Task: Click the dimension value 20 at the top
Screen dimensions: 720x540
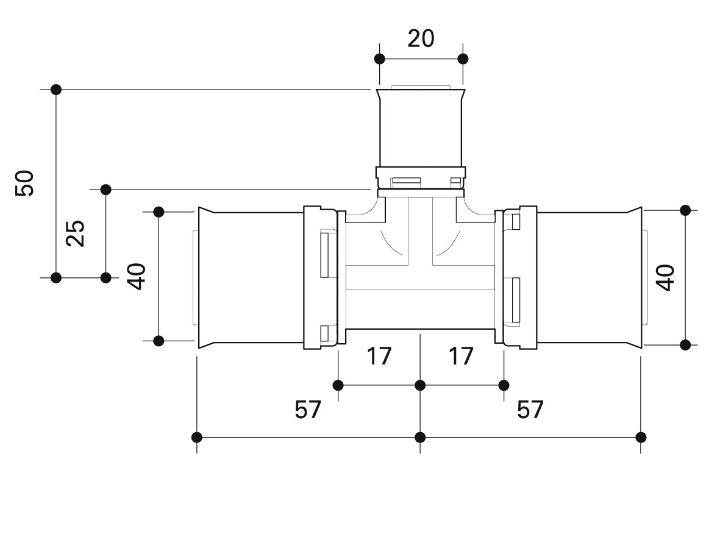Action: [421, 38]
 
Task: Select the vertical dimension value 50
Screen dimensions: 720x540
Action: [25, 183]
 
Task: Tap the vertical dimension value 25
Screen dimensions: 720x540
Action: [76, 233]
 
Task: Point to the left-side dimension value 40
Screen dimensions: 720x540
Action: [137, 277]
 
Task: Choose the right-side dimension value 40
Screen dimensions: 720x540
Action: [665, 277]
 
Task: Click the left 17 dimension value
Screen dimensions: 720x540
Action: [379, 357]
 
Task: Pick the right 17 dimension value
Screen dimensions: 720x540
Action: [460, 357]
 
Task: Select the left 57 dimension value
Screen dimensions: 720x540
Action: [308, 410]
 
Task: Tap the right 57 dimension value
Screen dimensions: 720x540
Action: [530, 410]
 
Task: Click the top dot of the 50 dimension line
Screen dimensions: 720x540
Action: [56, 90]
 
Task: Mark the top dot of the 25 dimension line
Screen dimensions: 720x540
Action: [105, 189]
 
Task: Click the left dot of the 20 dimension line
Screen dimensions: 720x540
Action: [380, 59]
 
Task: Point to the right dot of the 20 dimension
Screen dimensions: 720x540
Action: [463, 59]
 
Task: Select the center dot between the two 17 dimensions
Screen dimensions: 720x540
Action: [420, 385]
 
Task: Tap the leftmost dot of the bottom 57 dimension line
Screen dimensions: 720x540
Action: [196, 437]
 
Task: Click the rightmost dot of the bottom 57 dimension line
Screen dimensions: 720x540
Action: [641, 437]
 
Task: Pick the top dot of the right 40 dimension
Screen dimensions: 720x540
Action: [685, 210]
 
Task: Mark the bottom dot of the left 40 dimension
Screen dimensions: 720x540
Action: [159, 341]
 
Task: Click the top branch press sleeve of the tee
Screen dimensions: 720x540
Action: [421, 129]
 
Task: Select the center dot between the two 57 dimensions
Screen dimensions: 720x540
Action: [420, 437]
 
